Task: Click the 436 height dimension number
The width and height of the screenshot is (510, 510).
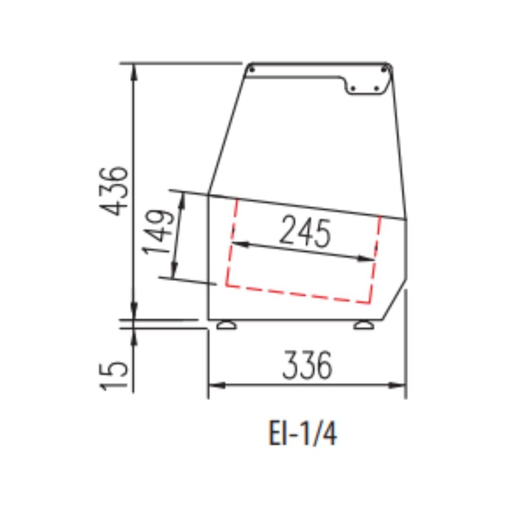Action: pos(114,191)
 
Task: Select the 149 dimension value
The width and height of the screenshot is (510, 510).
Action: pos(158,232)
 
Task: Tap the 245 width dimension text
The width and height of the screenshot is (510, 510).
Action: pos(305,232)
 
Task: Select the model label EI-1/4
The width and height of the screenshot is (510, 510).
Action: pos(302,433)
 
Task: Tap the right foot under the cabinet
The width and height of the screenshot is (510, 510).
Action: pos(364,325)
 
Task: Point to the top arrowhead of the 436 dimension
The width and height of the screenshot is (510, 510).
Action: pos(133,70)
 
